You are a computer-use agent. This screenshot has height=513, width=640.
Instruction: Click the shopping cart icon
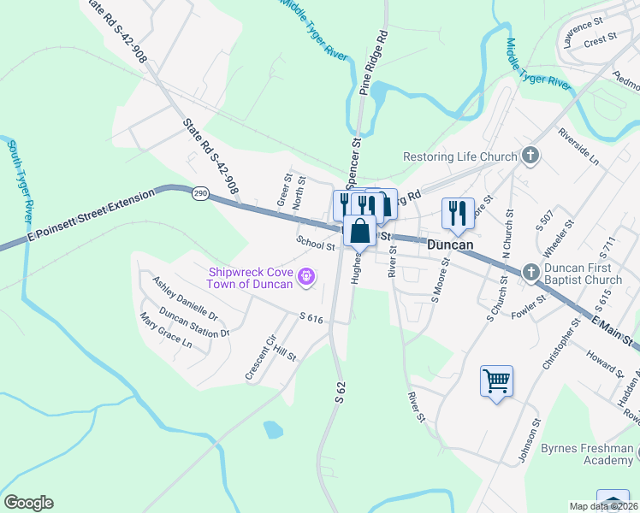[496, 380]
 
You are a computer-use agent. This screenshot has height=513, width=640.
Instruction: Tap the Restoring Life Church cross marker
[531, 156]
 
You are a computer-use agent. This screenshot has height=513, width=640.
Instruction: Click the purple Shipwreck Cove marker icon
[306, 277]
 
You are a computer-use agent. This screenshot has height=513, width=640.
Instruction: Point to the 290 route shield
[200, 195]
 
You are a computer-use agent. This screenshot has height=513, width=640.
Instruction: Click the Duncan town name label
[450, 244]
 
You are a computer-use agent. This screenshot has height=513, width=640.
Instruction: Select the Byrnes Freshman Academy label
[588, 454]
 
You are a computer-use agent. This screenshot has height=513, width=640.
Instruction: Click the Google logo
[28, 503]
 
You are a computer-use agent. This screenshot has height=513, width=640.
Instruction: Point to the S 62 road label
[341, 387]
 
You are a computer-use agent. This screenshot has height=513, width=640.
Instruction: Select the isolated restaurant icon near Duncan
[457, 212]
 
